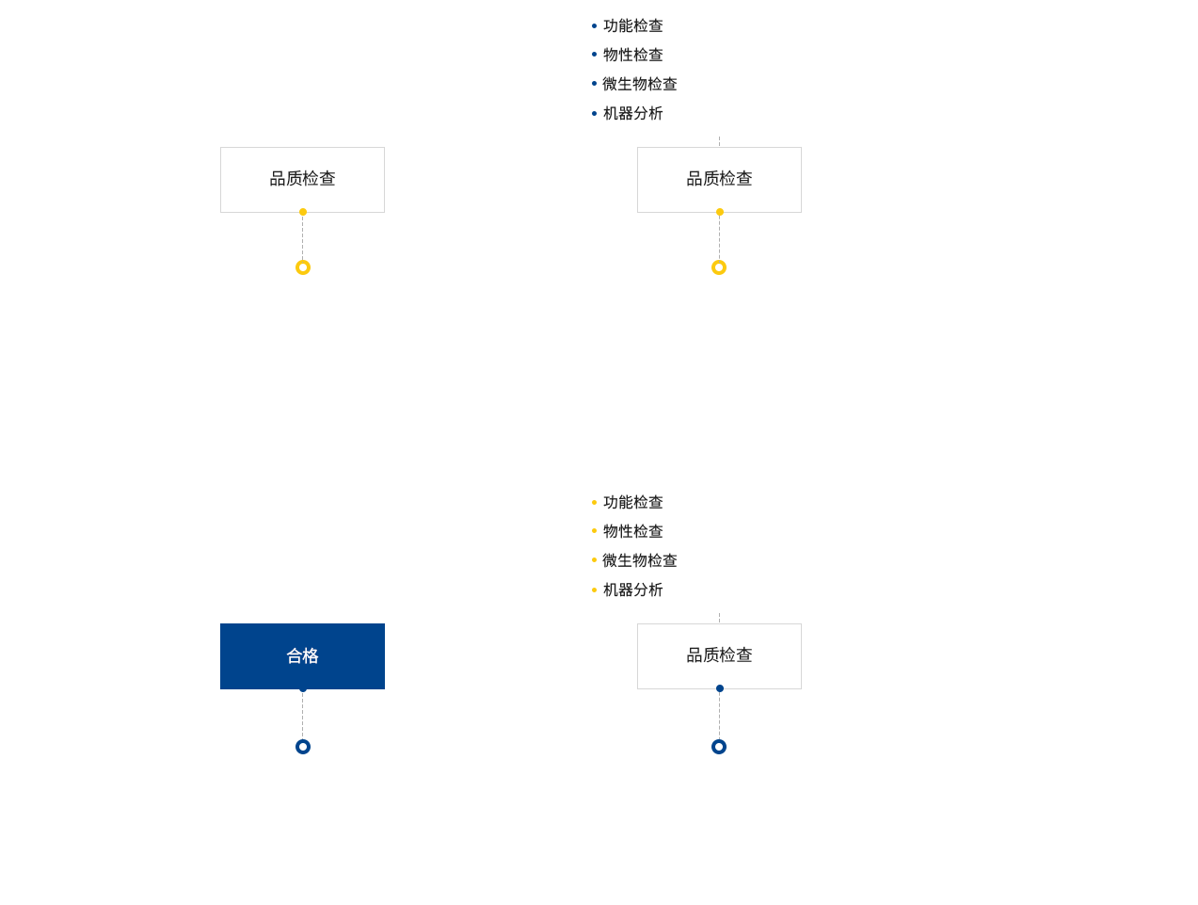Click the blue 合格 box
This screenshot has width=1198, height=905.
[x=302, y=655]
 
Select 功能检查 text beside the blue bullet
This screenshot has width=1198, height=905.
[x=632, y=25]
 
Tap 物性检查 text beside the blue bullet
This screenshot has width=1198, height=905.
[x=632, y=55]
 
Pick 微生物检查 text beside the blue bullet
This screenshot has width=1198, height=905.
[x=639, y=84]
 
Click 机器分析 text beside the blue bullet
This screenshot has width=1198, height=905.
[x=632, y=113]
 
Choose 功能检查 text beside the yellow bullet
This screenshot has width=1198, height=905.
[x=632, y=501]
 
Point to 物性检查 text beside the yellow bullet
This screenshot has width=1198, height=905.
[x=632, y=530]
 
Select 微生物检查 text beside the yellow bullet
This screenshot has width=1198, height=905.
[x=639, y=559]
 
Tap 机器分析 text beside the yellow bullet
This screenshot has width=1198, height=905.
[x=632, y=589]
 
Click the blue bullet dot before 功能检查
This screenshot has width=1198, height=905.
[x=594, y=25]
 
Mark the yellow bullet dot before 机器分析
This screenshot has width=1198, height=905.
[x=594, y=590]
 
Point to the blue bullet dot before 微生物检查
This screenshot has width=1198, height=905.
[x=594, y=84]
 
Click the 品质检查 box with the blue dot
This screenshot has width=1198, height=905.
[x=719, y=655]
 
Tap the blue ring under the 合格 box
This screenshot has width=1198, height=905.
[x=302, y=740]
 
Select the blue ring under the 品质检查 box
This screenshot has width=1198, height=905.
[x=718, y=740]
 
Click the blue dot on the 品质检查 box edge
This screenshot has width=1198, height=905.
[x=719, y=687]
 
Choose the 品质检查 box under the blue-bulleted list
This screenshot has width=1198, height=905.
[x=719, y=179]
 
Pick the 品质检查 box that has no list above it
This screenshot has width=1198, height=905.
[x=302, y=179]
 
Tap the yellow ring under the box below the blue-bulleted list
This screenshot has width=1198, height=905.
[x=718, y=261]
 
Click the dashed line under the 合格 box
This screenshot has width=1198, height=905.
[x=302, y=715]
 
